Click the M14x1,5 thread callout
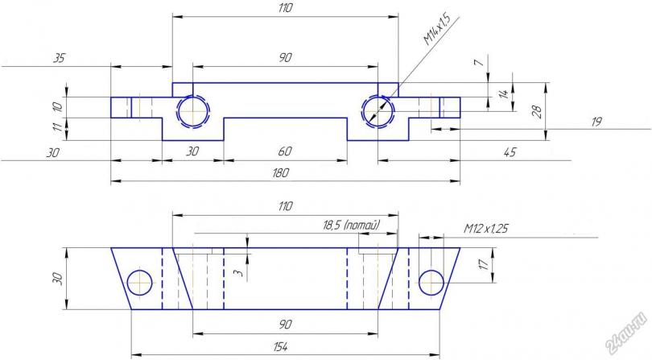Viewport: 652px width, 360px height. click(x=437, y=29)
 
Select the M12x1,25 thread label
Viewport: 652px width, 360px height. click(x=485, y=229)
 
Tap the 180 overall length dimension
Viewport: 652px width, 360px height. click(x=281, y=172)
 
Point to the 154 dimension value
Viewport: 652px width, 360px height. click(x=281, y=346)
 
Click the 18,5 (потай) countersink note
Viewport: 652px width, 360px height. click(x=352, y=226)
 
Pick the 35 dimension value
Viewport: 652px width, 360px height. click(x=59, y=58)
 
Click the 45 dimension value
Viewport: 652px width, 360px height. click(x=510, y=152)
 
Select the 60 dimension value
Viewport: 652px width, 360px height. click(x=285, y=151)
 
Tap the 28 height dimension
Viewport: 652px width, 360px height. click(x=537, y=111)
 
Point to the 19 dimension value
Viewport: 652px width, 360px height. click(x=596, y=122)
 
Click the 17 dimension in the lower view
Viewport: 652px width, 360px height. click(x=484, y=264)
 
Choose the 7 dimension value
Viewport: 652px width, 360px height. click(x=480, y=63)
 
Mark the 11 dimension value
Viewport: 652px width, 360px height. click(x=59, y=126)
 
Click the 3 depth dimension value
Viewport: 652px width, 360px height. click(x=237, y=272)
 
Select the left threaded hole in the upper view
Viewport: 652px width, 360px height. click(x=193, y=112)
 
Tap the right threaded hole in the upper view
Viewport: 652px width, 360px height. click(x=378, y=111)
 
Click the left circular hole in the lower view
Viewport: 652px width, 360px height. click(x=140, y=283)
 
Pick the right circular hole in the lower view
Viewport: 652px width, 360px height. click(x=431, y=283)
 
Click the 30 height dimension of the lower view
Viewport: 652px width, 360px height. click(x=57, y=279)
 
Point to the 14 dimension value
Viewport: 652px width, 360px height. click(x=504, y=93)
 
